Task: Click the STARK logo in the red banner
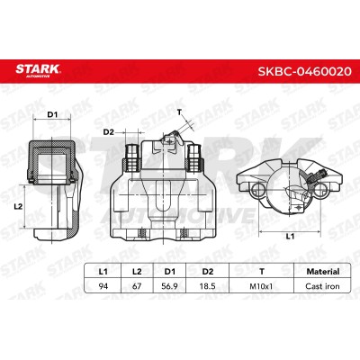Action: coord(39,71)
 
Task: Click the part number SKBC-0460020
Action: coord(304,72)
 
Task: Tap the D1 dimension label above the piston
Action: coord(52,114)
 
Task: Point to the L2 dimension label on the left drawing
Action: coord(18,206)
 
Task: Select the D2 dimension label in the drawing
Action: coord(109,132)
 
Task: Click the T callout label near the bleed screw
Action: coord(179,112)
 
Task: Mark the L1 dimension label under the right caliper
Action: coord(290,237)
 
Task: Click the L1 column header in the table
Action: coord(103,272)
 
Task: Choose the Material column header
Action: coord(323,272)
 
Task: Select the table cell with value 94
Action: coord(103,286)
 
